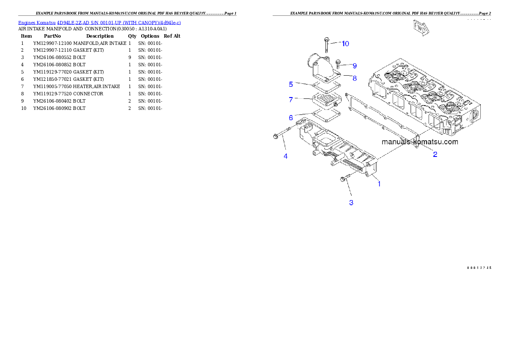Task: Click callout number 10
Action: click(345, 44)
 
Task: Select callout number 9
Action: click(354, 66)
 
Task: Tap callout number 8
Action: click(354, 78)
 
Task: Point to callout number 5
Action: click(290, 84)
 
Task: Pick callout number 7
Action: click(290, 100)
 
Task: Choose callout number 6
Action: click(290, 117)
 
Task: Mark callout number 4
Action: click(286, 156)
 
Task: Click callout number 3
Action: click(351, 203)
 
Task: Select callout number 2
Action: click(435, 154)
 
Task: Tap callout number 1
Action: click(379, 184)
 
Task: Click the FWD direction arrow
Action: click(420, 27)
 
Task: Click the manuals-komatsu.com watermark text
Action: click(420, 142)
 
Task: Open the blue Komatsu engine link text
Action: click(99, 22)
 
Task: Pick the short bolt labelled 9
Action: click(338, 64)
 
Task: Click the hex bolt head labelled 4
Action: click(276, 136)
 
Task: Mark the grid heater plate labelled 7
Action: click(326, 101)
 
